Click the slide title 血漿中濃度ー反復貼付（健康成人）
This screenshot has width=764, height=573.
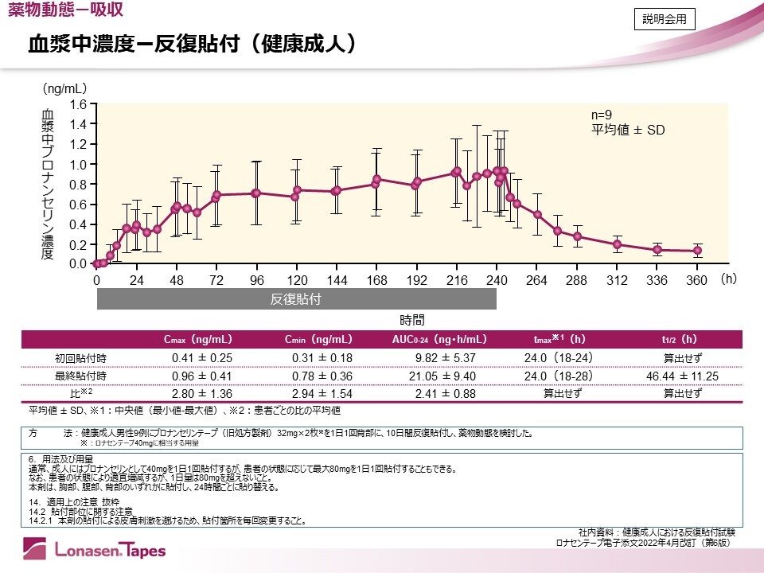191,43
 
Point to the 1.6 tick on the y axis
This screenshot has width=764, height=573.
77,104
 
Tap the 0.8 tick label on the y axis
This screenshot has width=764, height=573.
77,184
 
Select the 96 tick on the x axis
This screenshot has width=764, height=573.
256,281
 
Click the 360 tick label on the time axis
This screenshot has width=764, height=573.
697,281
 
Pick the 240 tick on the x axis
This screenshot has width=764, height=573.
497,281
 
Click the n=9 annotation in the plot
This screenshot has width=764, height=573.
603,115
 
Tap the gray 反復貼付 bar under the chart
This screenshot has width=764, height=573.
297,299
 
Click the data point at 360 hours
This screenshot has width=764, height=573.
698,251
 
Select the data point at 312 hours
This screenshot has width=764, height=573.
618,244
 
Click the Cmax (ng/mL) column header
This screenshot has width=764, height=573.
198,340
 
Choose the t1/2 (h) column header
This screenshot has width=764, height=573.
683,340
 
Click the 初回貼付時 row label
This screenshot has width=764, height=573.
75,357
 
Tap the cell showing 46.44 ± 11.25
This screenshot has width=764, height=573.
683,376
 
